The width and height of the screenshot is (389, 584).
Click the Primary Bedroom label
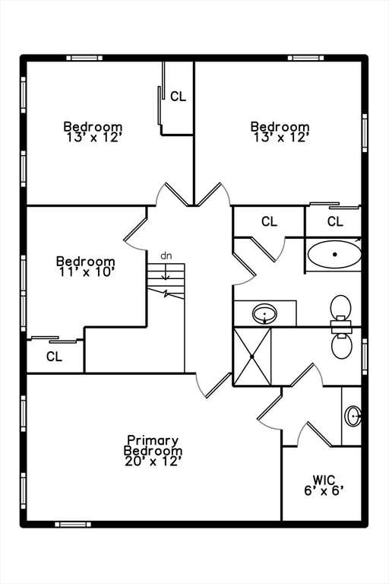[x=153, y=446]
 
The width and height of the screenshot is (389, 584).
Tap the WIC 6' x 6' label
[x=324, y=485]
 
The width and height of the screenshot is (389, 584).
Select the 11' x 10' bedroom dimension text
[x=86, y=272]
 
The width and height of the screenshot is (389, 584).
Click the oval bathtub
[x=334, y=255]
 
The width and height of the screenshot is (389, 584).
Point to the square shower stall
[x=252, y=357]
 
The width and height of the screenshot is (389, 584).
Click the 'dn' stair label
[x=166, y=255]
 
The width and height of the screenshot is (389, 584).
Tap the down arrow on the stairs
[x=166, y=272]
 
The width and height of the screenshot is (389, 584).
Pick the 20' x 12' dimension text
[x=153, y=462]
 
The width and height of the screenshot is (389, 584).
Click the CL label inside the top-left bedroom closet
[x=178, y=97]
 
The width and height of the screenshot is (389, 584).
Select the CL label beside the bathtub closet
[x=335, y=221]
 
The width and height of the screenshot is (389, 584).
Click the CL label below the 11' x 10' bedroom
[x=55, y=357]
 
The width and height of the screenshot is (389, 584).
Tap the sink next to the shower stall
[x=264, y=314]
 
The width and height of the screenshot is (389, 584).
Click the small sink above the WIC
[x=353, y=416]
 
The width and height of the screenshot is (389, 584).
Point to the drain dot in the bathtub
[x=334, y=255]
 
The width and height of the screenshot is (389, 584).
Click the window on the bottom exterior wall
[x=73, y=525]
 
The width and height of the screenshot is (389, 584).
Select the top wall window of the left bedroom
[x=84, y=58]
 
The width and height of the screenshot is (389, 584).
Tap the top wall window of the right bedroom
[x=306, y=58]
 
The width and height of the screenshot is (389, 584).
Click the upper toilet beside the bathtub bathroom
[x=340, y=310]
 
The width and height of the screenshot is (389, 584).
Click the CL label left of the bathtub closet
[x=269, y=221]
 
